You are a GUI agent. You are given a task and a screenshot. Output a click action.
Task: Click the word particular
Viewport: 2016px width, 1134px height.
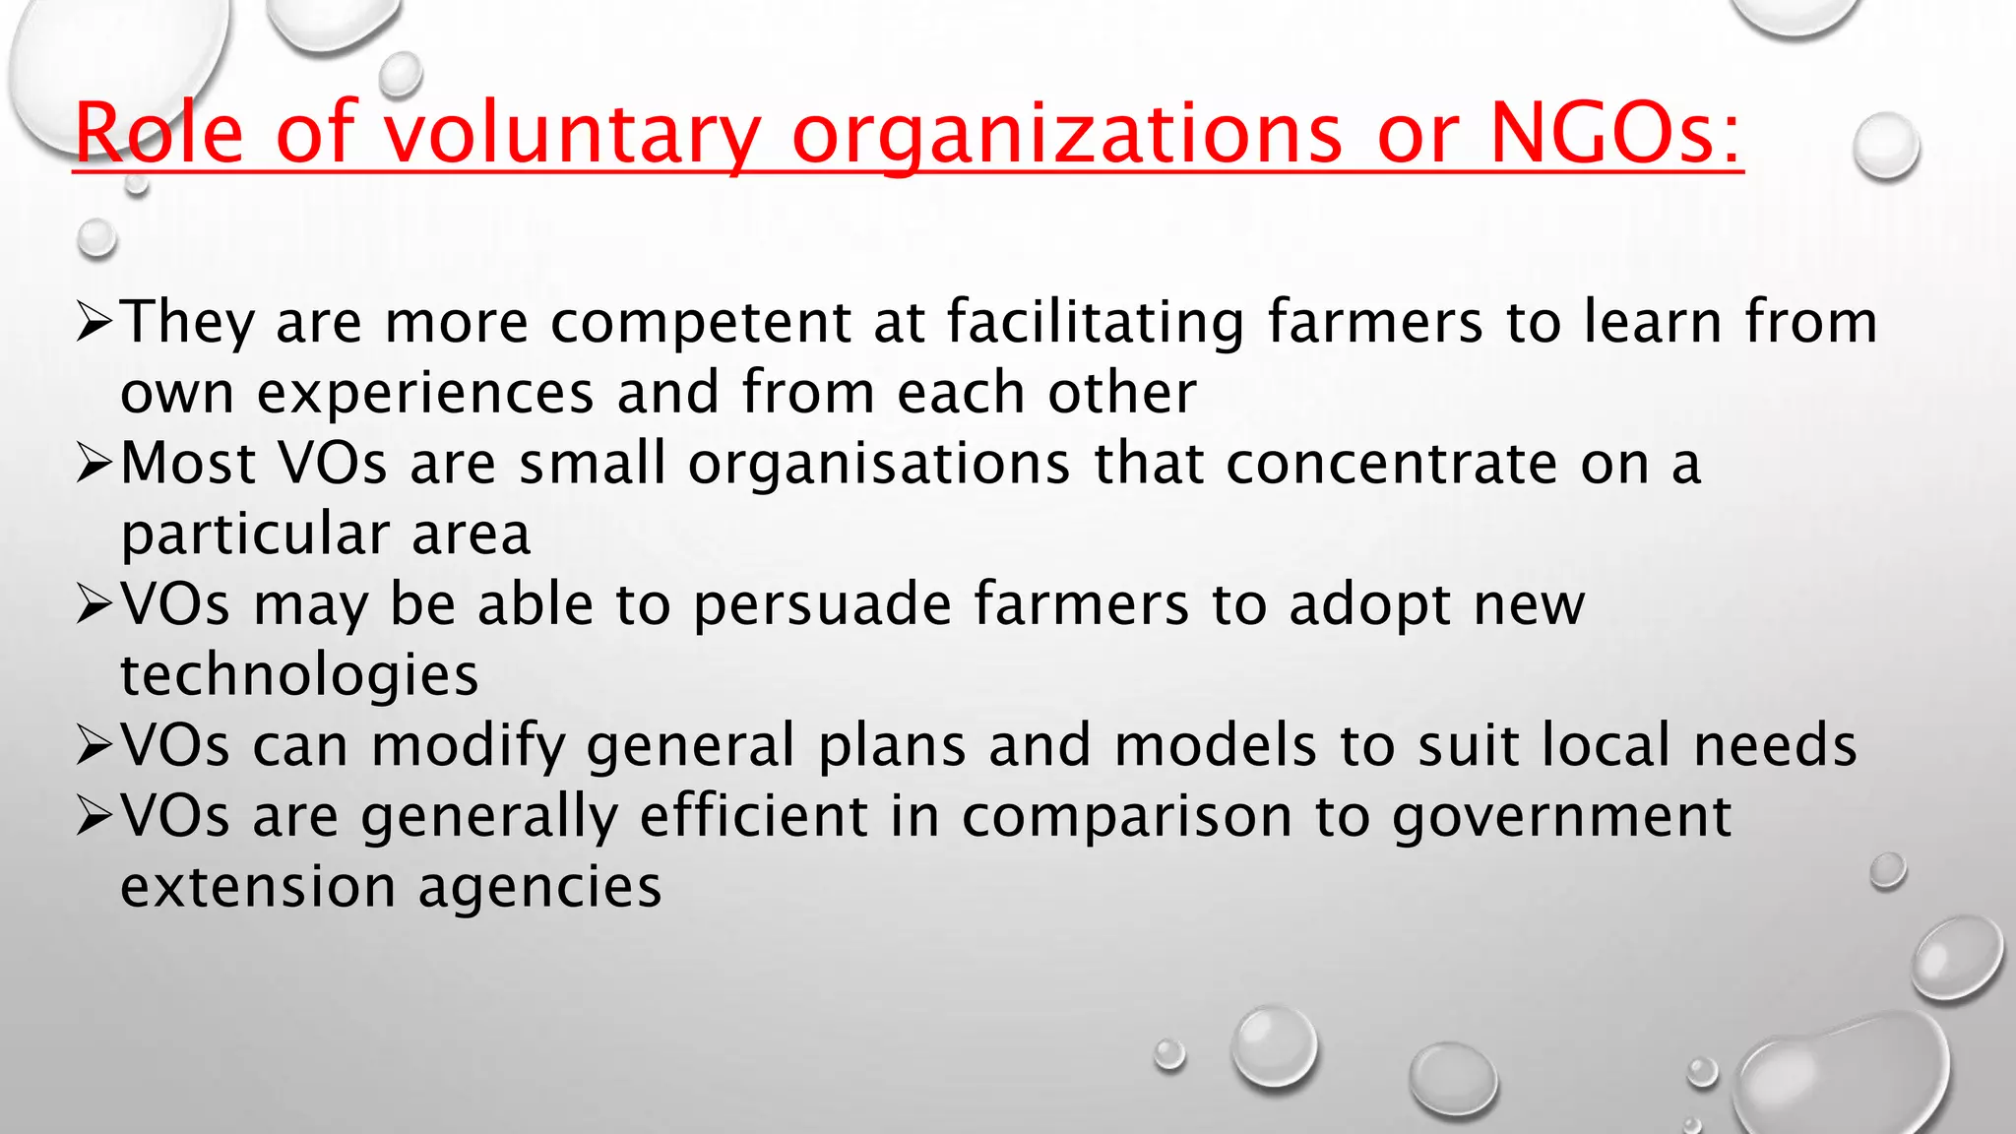(254, 535)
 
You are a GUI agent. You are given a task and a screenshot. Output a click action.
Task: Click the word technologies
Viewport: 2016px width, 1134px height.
(299, 675)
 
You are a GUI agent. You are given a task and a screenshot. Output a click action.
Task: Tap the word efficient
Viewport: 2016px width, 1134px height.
(754, 816)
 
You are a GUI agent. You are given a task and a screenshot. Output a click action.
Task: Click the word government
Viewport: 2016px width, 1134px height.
(1561, 816)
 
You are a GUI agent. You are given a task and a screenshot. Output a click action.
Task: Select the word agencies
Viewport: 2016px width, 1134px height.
(539, 888)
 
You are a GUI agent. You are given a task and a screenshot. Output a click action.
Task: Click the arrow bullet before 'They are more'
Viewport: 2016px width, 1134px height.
(95, 323)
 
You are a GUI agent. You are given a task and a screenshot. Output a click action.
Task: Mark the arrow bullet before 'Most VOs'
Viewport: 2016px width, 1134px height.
(95, 464)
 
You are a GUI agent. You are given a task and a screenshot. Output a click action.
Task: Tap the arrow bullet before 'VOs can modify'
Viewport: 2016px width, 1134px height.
(95, 745)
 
